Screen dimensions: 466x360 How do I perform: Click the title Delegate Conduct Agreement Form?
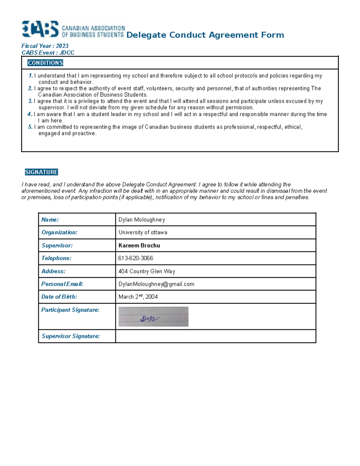tap(205, 35)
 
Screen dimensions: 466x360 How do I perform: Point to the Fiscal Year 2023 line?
tap(45, 46)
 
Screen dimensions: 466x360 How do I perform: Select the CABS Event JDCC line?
tap(48, 53)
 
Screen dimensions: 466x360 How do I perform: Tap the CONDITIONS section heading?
tap(45, 63)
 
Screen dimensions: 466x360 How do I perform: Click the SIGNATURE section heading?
tap(41, 172)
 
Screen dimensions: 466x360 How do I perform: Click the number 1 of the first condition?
tap(31, 76)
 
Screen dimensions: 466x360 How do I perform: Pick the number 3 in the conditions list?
tap(30, 101)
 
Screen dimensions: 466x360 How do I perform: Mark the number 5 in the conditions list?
tap(30, 127)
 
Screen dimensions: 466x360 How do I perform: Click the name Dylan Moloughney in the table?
tap(142, 220)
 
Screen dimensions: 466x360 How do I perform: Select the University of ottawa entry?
tap(143, 233)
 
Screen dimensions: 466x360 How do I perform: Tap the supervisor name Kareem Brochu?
tap(139, 245)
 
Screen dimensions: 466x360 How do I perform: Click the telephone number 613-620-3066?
tap(136, 258)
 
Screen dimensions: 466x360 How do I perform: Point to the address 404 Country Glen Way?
tap(147, 271)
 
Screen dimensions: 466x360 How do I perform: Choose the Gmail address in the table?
tap(156, 284)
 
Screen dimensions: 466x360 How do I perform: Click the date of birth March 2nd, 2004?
tap(138, 297)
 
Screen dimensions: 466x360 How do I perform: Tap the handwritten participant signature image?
tap(153, 317)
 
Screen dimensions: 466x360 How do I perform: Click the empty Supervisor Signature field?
tap(215, 336)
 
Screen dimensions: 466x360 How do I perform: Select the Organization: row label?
tap(59, 233)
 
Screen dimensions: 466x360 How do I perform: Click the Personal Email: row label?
tap(62, 284)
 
